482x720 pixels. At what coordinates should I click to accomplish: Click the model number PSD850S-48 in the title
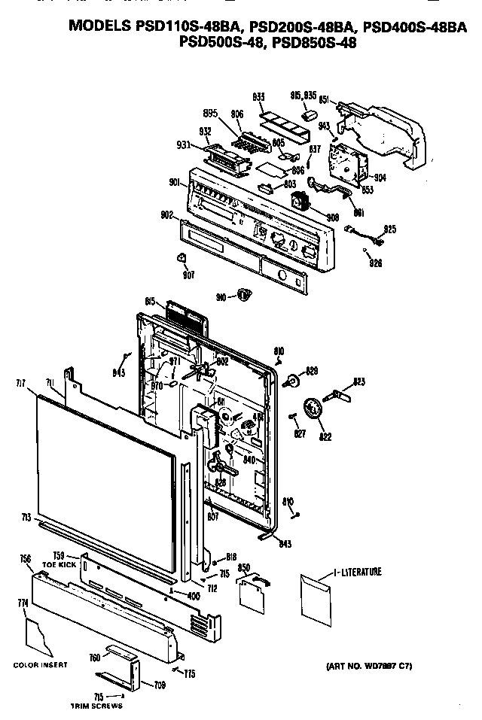[x=316, y=43]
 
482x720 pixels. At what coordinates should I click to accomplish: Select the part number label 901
[x=174, y=181]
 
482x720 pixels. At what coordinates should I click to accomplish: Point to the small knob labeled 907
[x=182, y=260]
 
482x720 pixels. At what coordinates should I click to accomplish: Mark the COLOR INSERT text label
[x=40, y=665]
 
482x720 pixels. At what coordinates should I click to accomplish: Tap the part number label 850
[x=243, y=567]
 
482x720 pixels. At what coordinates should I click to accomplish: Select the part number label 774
[x=23, y=603]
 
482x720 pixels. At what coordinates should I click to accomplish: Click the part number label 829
[x=312, y=371]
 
